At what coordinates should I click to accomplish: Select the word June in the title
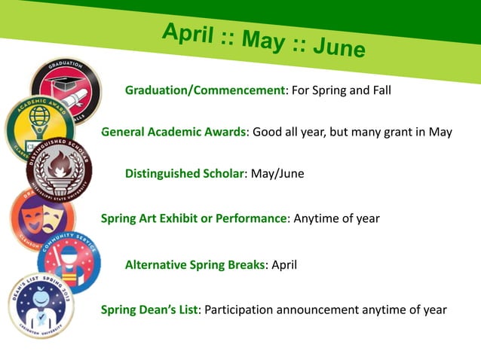tap(339, 47)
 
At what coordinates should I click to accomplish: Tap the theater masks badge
tap(41, 218)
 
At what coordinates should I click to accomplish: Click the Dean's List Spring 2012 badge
tap(41, 305)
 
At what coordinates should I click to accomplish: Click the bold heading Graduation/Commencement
tap(204, 90)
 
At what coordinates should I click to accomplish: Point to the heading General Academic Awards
tap(174, 132)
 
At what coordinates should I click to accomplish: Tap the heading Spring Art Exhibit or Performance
tap(193, 218)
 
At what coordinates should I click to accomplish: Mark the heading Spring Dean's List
tap(149, 309)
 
